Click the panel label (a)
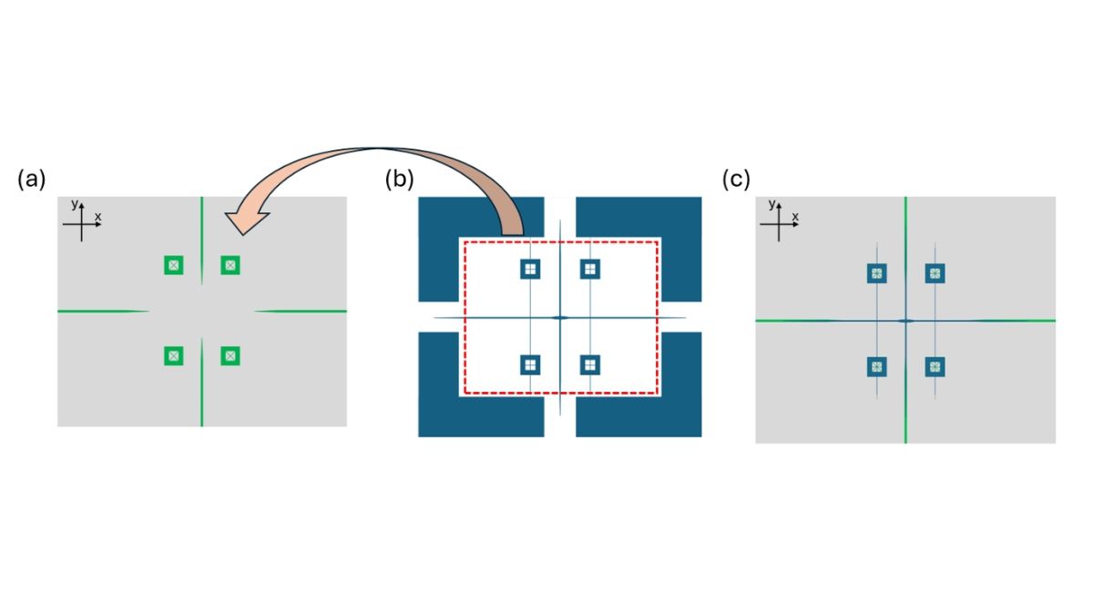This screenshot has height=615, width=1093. [31, 179]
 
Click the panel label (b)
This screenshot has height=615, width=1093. [399, 179]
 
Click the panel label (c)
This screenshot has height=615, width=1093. [736, 179]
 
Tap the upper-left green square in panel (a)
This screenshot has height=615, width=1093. [174, 265]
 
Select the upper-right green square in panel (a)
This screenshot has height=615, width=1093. [230, 265]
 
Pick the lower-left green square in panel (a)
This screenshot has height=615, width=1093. [174, 355]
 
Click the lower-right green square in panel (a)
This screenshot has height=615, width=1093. [230, 355]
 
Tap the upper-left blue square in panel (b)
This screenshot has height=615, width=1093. [530, 269]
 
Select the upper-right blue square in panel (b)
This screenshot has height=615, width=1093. [590, 269]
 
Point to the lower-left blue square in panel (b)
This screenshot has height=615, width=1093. [530, 364]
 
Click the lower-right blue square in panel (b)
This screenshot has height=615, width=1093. [590, 364]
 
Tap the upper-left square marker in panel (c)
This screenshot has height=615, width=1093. [876, 273]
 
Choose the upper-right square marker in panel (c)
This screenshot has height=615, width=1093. [935, 273]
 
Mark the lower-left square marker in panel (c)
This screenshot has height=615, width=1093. [876, 367]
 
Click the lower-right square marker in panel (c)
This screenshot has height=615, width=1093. [935, 367]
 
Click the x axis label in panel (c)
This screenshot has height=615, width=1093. [795, 216]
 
